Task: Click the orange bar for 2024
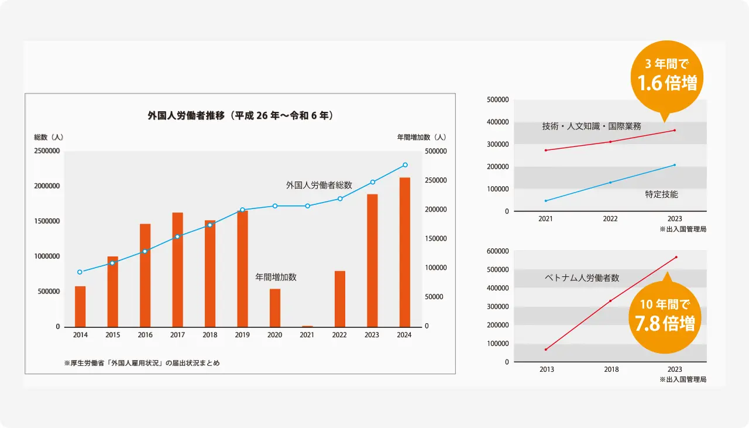point(405,252)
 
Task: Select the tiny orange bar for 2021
point(307,326)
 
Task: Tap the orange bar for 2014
point(80,306)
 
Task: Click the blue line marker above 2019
point(242,210)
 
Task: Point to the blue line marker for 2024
point(405,165)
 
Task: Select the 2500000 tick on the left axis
point(46,151)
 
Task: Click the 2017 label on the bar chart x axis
point(177,335)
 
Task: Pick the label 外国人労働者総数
point(319,185)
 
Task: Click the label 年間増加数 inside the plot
point(276,277)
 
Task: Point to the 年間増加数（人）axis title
point(421,137)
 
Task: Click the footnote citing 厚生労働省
point(142,363)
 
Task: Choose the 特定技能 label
point(661,194)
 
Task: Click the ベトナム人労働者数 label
point(582,278)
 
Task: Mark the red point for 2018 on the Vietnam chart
point(610,301)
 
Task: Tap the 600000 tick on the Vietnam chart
point(497,251)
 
